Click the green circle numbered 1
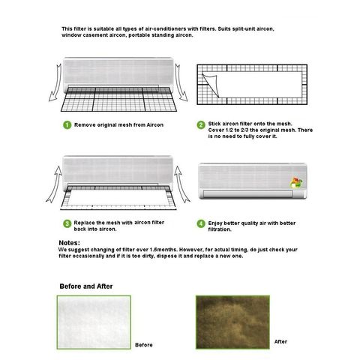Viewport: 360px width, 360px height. (67, 125)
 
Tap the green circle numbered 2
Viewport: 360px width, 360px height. (201, 124)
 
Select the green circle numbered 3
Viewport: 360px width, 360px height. (67, 223)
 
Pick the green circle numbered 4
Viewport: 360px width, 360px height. (201, 223)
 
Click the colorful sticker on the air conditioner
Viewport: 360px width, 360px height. (296, 183)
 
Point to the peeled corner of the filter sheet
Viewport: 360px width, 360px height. (211, 85)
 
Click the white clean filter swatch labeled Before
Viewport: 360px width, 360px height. (94, 322)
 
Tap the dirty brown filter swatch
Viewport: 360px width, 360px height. (232, 322)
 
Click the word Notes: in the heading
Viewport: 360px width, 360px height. (70, 243)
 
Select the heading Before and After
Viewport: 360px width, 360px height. (86, 286)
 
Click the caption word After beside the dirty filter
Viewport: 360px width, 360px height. (280, 341)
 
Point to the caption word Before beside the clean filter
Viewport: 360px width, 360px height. (144, 345)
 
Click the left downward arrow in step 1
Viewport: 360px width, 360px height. (55, 83)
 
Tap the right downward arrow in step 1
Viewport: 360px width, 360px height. (181, 82)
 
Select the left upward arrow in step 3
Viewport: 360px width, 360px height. (54, 184)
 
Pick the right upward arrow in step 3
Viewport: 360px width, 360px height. (182, 184)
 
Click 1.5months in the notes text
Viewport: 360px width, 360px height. (163, 250)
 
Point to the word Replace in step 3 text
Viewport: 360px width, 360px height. (84, 223)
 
